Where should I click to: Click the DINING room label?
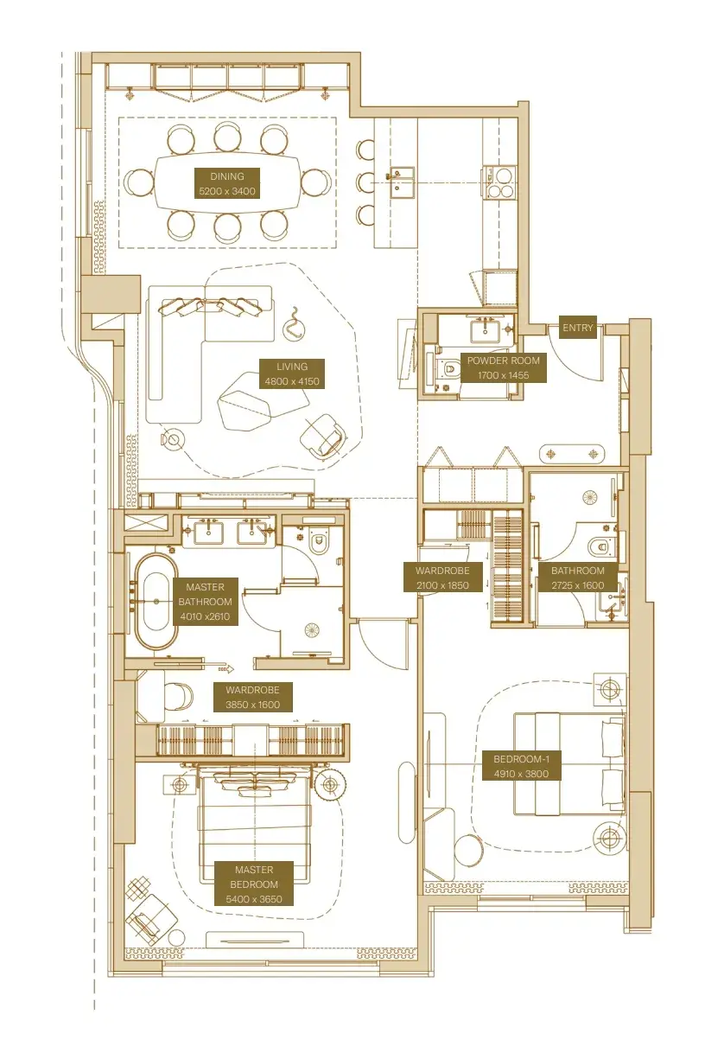pos(227,183)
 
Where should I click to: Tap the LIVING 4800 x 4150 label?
pos(292,373)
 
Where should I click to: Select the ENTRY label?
pos(577,327)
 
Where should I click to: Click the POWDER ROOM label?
pos(503,367)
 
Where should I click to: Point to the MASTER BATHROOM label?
pos(205,601)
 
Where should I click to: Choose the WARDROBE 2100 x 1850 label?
pos(442,578)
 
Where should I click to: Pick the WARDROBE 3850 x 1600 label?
pos(252,697)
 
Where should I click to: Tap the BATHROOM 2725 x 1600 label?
pos(577,578)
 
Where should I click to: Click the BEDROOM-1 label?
pos(521,766)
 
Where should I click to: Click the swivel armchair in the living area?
pos(323,435)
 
